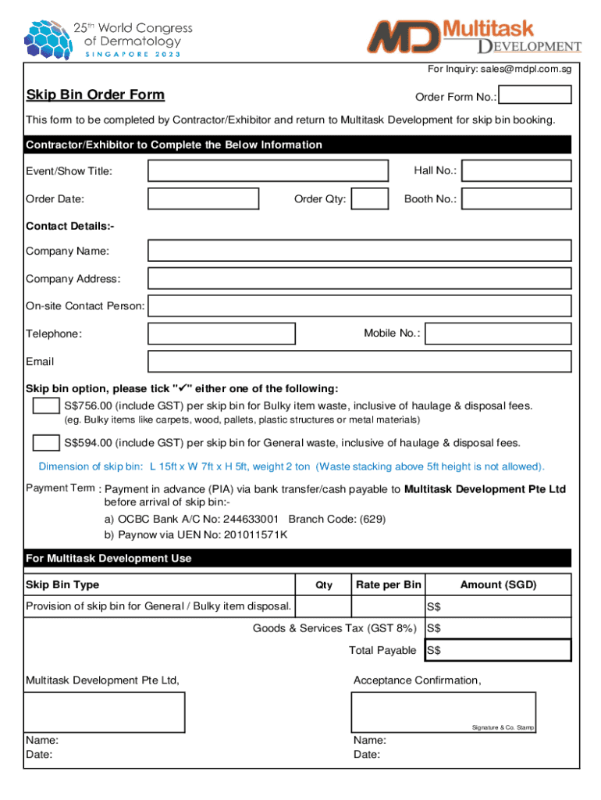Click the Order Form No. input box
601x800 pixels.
535,95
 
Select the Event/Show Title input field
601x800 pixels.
268,171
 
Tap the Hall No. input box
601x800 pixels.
516,171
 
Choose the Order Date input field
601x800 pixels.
203,199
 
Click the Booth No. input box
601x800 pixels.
516,199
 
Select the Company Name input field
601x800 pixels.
359,251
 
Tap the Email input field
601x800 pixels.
359,362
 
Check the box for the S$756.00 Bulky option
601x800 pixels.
46,406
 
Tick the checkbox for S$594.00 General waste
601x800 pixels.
46,443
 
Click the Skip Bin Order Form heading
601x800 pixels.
95,95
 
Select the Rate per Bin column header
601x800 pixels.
388,585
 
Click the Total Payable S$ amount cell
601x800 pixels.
498,650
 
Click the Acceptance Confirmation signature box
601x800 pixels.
443,712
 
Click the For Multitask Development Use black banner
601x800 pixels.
297,559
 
